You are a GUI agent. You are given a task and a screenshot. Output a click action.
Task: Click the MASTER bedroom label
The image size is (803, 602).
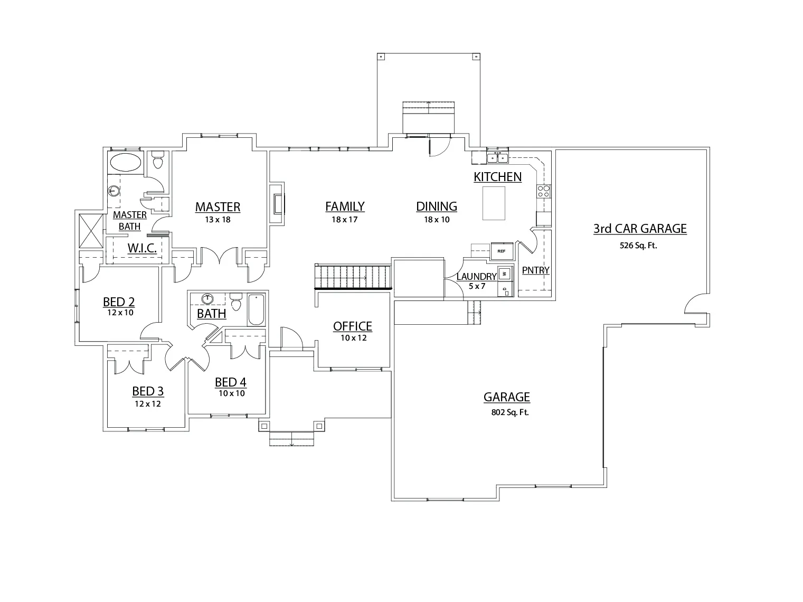tap(218, 207)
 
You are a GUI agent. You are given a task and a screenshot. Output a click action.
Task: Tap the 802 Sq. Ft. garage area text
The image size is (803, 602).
tap(509, 412)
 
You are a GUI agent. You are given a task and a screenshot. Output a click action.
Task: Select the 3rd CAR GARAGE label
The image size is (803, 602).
tap(640, 229)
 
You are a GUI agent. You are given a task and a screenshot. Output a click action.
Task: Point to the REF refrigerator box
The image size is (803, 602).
tap(501, 251)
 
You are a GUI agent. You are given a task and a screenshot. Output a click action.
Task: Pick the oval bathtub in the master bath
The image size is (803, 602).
tap(125, 163)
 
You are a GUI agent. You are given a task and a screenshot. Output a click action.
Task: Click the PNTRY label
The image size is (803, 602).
tap(535, 270)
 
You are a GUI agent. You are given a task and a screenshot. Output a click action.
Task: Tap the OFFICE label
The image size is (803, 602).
tap(353, 326)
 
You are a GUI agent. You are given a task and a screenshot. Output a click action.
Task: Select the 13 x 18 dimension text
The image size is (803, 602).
tap(218, 220)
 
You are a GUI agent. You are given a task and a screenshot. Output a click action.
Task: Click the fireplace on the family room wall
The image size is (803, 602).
tap(277, 204)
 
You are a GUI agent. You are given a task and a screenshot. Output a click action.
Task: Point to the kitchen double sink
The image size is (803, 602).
tap(497, 157)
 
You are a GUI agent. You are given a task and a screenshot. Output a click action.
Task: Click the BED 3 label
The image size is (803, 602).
tap(148, 391)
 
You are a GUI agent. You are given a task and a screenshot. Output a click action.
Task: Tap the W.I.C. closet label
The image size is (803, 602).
tap(142, 248)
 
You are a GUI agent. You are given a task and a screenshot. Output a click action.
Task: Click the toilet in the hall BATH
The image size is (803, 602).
tap(236, 303)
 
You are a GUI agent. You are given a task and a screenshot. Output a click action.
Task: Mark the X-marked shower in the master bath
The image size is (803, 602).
tap(90, 230)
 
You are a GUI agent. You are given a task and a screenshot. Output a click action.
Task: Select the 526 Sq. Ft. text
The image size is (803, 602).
tap(638, 245)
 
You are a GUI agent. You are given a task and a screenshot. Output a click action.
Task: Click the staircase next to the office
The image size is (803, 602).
tap(353, 277)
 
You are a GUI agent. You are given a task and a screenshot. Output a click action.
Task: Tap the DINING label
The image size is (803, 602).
tap(437, 206)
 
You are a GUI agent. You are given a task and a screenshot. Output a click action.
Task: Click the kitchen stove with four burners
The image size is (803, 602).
tap(544, 191)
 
